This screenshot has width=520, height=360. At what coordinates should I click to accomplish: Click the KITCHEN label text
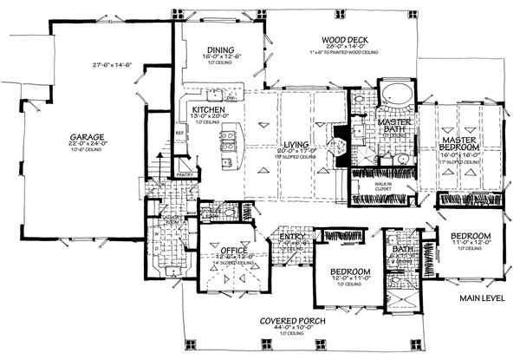(x=209, y=110)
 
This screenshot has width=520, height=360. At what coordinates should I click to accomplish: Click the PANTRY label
(x=185, y=174)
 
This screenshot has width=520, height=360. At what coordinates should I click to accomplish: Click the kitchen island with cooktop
(x=229, y=144)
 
